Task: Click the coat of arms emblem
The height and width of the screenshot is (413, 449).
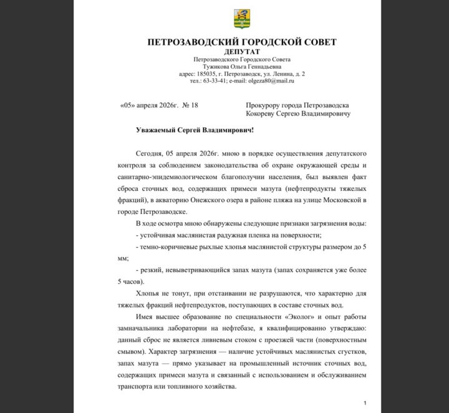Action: [242, 19]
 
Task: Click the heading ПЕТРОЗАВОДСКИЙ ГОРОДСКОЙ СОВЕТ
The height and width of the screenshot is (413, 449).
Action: [242, 42]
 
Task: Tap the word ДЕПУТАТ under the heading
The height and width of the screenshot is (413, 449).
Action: [242, 51]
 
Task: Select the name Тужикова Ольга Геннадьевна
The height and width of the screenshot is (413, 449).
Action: [242, 66]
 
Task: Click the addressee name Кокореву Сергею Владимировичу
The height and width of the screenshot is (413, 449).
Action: [298, 114]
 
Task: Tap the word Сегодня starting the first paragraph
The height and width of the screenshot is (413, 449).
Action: [149, 153]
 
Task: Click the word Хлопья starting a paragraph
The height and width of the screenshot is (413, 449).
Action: [147, 293]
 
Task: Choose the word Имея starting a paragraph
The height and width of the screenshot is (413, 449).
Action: [144, 316]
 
